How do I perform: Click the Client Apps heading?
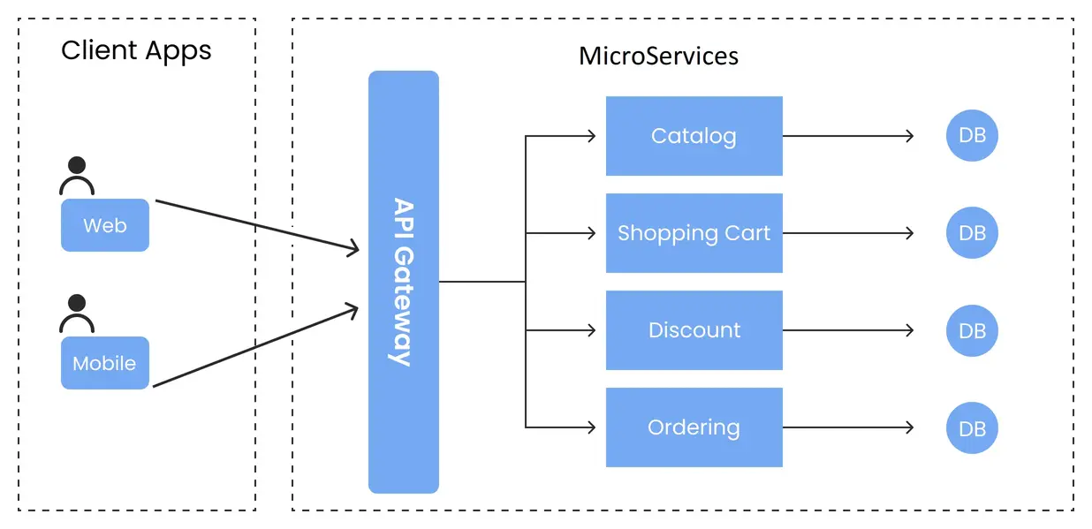pos(136,50)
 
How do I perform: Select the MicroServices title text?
pos(658,56)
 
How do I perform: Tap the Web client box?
pos(105,225)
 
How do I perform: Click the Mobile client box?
pos(105,363)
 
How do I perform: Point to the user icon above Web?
pos(77,176)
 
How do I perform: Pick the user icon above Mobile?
pos(77,314)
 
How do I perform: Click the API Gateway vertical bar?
pos(403,282)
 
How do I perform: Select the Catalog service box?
pos(694,136)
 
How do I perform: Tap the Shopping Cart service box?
pos(694,233)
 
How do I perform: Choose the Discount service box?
pos(694,330)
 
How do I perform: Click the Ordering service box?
pos(694,427)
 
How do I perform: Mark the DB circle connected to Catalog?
pos(972,136)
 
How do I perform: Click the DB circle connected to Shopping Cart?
pos(972,233)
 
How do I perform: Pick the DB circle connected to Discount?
pos(972,330)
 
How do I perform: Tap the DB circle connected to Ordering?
pos(972,428)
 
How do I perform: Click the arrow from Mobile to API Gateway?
pos(256,347)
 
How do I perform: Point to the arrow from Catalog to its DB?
pos(848,136)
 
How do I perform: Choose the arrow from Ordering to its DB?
pos(848,427)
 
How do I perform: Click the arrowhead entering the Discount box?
pos(590,330)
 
